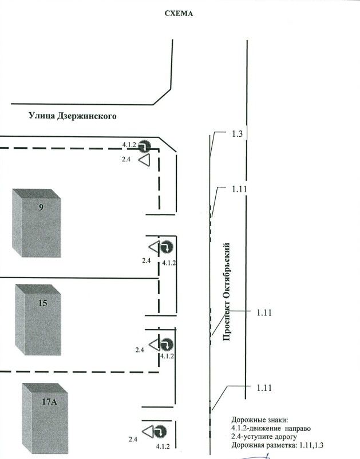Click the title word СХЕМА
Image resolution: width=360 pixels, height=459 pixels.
pyautogui.click(x=179, y=14)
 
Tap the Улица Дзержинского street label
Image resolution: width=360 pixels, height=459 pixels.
pyautogui.click(x=72, y=116)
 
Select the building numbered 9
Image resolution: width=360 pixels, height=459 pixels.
pyautogui.click(x=37, y=223)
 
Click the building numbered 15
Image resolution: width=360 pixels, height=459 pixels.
pyautogui.click(x=38, y=320)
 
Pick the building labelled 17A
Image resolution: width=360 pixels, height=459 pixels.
pyautogui.click(x=45, y=418)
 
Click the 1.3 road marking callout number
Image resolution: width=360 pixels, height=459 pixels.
pyautogui.click(x=238, y=134)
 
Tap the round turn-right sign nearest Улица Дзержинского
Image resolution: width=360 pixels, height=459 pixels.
pyautogui.click(x=144, y=146)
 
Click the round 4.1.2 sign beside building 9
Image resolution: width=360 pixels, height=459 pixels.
pyautogui.click(x=167, y=247)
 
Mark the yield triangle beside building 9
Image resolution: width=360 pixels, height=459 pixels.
pyautogui.click(x=155, y=247)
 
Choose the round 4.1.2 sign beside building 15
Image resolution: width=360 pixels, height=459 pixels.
pyautogui.click(x=167, y=345)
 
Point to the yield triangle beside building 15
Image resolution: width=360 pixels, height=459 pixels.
pyautogui.click(x=155, y=345)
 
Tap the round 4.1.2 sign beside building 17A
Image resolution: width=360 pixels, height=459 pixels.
pyautogui.click(x=160, y=432)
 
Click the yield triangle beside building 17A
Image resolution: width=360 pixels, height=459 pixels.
pyautogui.click(x=148, y=432)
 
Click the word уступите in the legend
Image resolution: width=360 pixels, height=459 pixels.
pyautogui.click(x=254, y=437)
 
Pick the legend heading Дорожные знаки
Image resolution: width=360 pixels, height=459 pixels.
pyautogui.click(x=260, y=420)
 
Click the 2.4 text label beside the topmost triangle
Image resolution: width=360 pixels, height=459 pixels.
pyautogui.click(x=126, y=160)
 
